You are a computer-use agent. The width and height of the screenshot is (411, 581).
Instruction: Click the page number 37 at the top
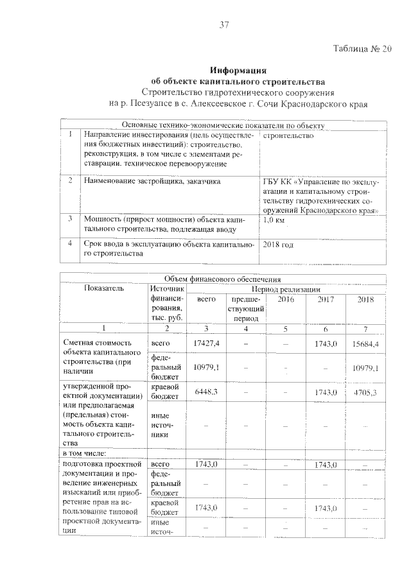point(225,25)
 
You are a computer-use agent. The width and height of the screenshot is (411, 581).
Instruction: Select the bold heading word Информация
point(238,70)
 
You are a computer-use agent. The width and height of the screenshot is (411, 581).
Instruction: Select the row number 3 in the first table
point(69,218)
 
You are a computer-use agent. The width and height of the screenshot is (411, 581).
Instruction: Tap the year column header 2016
point(286,300)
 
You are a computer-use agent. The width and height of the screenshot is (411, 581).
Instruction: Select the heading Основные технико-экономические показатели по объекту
point(223,125)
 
